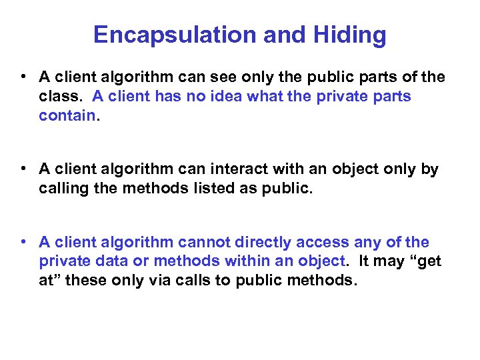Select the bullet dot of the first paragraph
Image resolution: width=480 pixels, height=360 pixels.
23,77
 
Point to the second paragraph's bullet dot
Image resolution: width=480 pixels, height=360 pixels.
23,169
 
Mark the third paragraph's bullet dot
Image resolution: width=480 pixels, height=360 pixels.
23,242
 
